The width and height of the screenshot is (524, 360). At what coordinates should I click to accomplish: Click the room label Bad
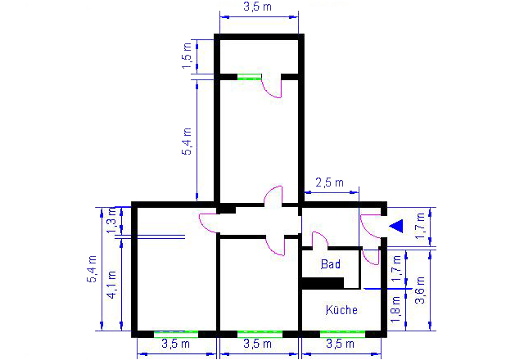coord(331,264)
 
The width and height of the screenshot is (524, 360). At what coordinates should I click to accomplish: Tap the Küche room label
coord(341,310)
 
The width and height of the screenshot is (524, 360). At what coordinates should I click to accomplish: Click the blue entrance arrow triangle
coord(396,226)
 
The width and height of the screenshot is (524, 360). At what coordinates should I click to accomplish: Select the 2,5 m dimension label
coord(329,182)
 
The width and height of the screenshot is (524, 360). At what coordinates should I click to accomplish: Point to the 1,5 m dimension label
coord(187,56)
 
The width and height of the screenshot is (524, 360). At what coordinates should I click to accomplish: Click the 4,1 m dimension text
coord(111,285)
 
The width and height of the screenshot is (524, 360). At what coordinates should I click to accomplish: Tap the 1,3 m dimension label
coord(111,220)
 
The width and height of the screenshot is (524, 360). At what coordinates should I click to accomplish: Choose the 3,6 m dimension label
coord(420,290)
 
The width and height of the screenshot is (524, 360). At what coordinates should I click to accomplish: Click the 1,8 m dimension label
coord(395,309)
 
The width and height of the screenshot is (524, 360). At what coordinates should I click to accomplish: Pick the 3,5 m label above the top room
coord(257,7)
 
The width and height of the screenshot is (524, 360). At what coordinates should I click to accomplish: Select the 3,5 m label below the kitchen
coord(340,344)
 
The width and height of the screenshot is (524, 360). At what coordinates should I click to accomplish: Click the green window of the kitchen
coord(342,334)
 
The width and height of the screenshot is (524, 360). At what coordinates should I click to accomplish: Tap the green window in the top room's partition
coord(249,77)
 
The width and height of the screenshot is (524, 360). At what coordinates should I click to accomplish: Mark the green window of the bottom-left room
coord(176,334)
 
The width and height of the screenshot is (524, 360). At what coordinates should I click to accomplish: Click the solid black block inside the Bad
coord(323,283)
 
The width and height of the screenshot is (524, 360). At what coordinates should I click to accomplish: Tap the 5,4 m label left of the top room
coord(187,142)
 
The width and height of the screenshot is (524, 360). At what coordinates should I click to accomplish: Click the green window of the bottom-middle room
coord(260,334)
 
